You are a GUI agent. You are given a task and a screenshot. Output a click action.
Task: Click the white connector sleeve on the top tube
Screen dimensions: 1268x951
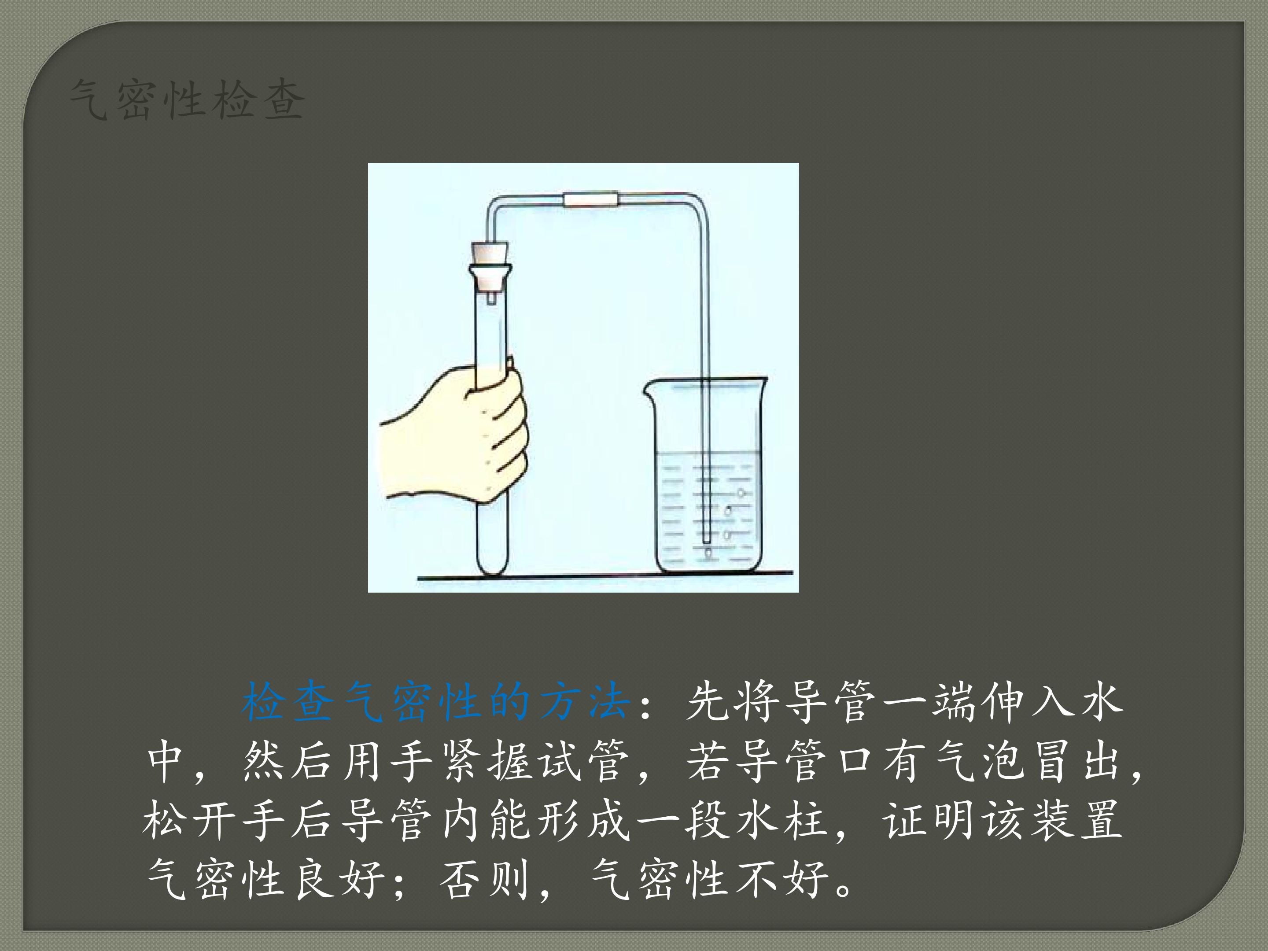point(591,199)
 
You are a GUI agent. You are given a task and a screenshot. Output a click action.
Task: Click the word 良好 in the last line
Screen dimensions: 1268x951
point(338,879)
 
